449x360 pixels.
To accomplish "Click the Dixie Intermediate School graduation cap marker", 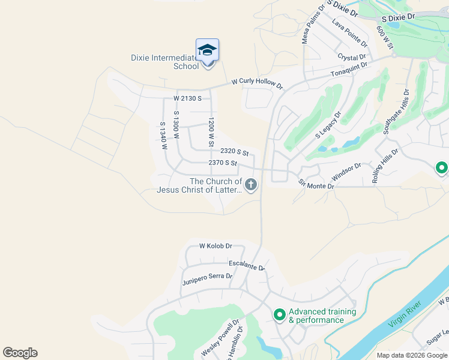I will point(207,50).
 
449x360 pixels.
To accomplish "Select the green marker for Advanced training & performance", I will point(279,314).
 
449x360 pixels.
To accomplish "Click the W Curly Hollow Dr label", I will point(257,82).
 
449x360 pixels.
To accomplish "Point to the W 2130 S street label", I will point(187,98).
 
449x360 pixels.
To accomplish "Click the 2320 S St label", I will point(234,152).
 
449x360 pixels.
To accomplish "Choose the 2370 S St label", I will point(223,163).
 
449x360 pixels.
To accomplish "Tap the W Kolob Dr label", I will point(215,246).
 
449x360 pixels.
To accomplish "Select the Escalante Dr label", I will point(247,265).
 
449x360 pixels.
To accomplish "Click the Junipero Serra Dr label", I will point(207,278).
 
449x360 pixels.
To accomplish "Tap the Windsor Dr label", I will point(346,173).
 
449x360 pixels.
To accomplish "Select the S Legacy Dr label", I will point(328,125).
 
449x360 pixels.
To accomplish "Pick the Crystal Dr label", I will point(352,58).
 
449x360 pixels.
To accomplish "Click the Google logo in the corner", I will point(20,353).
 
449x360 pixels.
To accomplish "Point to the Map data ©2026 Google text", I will point(412,355).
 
